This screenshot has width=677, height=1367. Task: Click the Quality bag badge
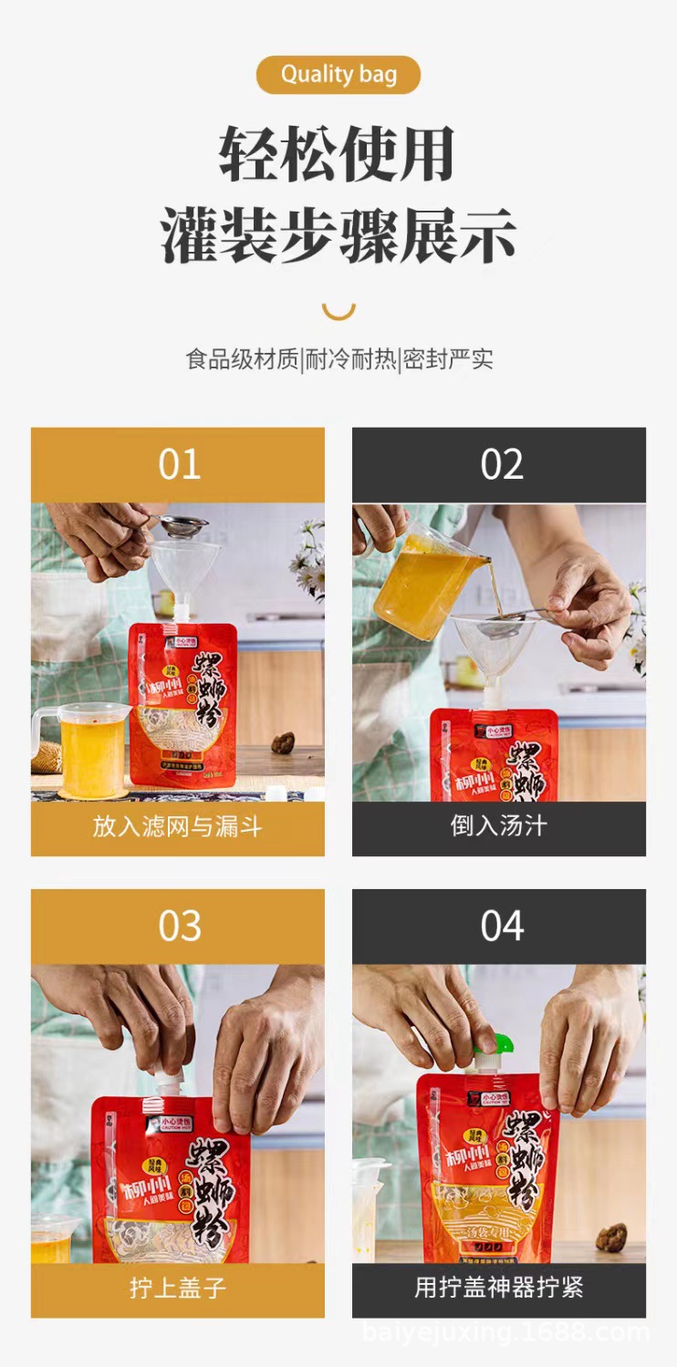[338, 75]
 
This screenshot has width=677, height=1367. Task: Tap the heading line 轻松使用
[338, 155]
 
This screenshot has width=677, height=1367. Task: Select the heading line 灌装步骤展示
[338, 236]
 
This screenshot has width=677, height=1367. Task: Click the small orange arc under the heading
[338, 311]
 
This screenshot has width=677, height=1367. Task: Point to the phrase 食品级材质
[242, 359]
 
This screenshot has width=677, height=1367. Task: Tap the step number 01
[179, 465]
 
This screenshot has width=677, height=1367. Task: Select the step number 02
[501, 465]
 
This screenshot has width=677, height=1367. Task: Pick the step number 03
[179, 927]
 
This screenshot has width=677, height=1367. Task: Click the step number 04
[501, 927]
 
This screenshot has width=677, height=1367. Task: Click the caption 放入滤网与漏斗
[178, 827]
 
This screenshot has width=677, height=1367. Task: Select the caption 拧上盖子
[178, 1289]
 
